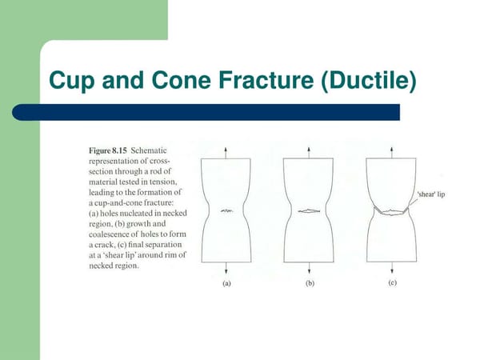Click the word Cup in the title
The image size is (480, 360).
click(75, 82)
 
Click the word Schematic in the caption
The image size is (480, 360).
click(149, 149)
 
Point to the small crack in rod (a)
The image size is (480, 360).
click(226, 210)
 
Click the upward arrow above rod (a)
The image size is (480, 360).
click(226, 151)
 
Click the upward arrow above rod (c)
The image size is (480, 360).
click(390, 151)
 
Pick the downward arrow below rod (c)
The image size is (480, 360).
click(390, 270)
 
